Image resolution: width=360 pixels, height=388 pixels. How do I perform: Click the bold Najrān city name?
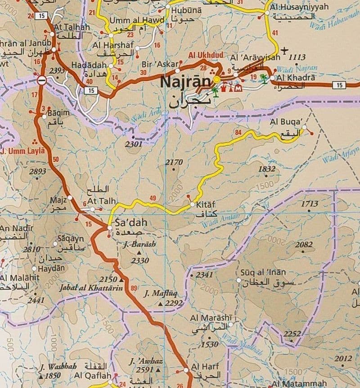tap(185, 82)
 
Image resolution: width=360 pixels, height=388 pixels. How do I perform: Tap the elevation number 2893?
tap(37, 171)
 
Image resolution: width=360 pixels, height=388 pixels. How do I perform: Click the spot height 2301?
tap(134, 144)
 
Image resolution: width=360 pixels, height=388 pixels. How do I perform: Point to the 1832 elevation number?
tap(267, 169)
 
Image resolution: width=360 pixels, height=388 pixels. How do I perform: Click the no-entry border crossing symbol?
tap(41, 80)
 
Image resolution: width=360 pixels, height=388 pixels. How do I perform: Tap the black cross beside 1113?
tap(284, 50)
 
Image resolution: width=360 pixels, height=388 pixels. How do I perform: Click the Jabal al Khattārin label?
tap(91, 287)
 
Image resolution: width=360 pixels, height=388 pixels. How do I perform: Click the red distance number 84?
tap(238, 132)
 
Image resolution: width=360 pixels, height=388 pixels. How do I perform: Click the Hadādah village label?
tap(89, 65)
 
